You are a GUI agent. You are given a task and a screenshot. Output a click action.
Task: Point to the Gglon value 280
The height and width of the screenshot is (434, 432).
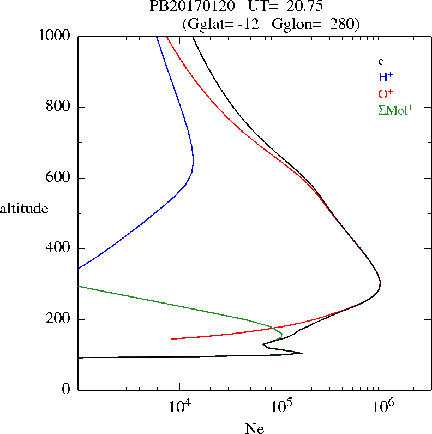coord(343,24)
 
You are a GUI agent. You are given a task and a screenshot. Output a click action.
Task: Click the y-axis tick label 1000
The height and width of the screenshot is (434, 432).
coord(55,36)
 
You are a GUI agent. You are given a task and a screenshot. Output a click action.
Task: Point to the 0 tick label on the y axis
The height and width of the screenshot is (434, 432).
coord(67,390)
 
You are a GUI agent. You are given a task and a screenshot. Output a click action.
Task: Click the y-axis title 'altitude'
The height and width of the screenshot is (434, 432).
coord(24,208)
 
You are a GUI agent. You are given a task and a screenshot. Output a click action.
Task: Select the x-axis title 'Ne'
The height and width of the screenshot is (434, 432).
coord(255,429)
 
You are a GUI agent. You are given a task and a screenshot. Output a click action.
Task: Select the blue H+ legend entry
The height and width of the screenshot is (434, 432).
coord(386,77)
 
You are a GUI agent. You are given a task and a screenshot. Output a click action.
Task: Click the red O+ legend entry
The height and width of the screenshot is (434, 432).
coord(386,93)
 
